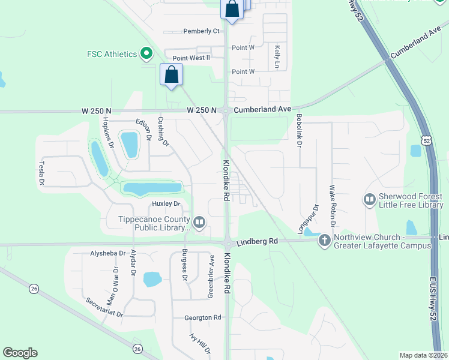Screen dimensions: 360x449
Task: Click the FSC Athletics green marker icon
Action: click(146, 54)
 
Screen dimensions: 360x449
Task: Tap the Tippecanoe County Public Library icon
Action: click(200, 223)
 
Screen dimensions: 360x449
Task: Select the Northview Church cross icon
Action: click(324, 241)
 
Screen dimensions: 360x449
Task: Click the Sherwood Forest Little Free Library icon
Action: click(369, 199)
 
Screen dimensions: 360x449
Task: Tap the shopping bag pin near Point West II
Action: click(172, 75)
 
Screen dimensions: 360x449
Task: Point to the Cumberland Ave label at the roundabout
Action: click(262, 110)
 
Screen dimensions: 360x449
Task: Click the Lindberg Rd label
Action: click(257, 241)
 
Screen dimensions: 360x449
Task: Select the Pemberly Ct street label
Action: click(201, 31)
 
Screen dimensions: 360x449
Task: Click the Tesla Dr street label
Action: click(42, 172)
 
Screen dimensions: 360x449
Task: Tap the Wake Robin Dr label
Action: click(331, 205)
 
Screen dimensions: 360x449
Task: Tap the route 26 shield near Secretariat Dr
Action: click(137, 349)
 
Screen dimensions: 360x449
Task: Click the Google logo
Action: click(20, 353)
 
